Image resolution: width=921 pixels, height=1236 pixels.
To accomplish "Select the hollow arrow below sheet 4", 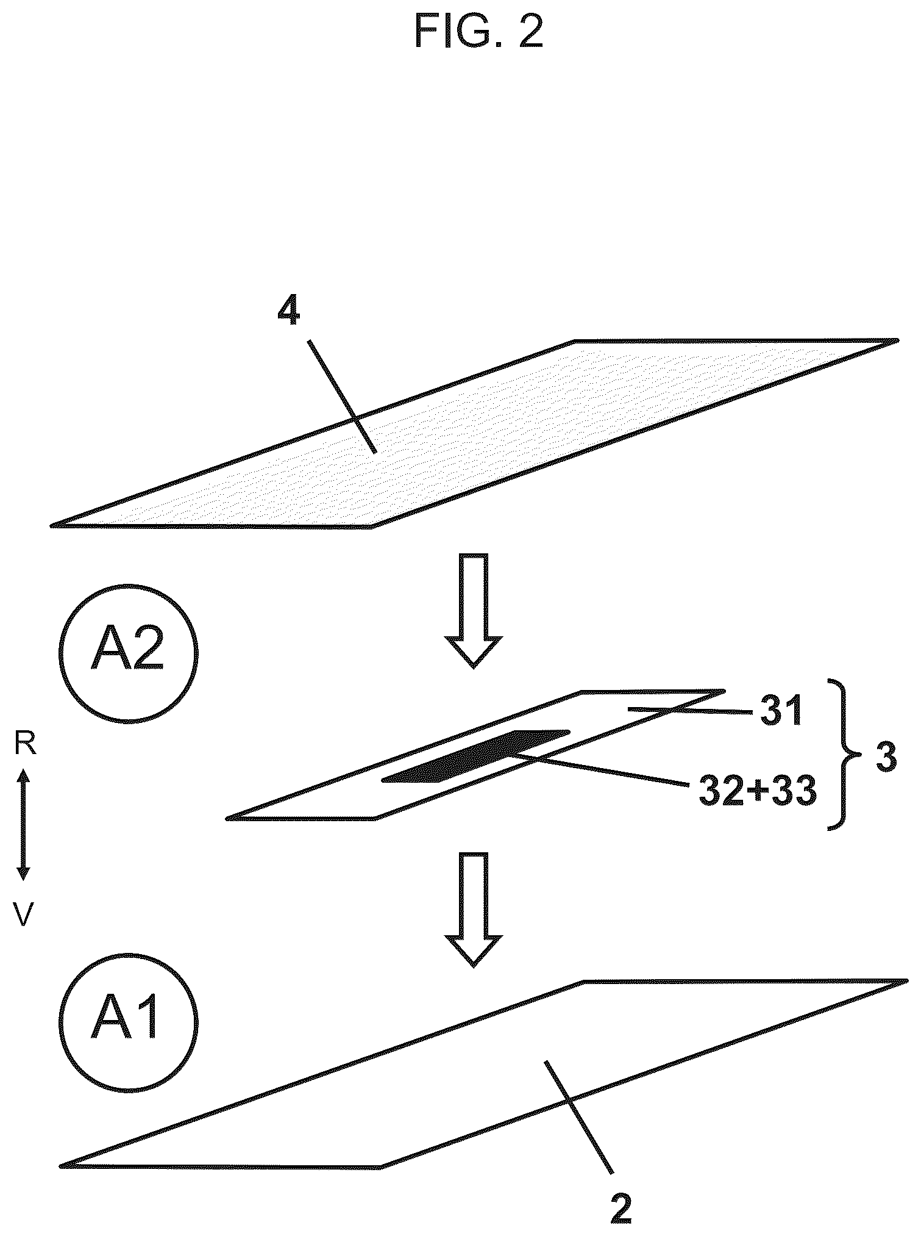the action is (474, 611).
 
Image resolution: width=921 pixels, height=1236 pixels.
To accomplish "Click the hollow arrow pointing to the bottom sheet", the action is (474, 910).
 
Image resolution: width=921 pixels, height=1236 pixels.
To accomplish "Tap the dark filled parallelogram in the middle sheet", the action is (475, 756).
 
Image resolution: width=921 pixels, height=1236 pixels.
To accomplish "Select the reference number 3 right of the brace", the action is (886, 758).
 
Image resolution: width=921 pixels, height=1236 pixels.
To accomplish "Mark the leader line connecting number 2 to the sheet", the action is (579, 1117).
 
